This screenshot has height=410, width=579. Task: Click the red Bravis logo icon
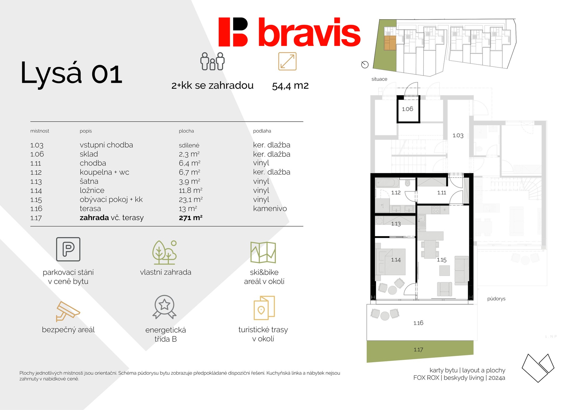click(x=233, y=32)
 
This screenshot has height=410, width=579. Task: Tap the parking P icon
click(x=68, y=249)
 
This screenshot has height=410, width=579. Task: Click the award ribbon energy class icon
click(x=164, y=307)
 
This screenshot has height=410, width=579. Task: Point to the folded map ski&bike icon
click(x=263, y=252)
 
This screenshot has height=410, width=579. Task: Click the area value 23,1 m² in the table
click(x=191, y=200)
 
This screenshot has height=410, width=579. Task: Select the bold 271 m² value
click(x=191, y=218)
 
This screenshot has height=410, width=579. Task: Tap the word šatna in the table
click(x=89, y=181)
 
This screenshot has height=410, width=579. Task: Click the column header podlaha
click(x=262, y=131)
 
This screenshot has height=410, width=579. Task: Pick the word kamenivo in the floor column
click(x=270, y=209)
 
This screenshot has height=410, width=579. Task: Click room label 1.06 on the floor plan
click(x=407, y=109)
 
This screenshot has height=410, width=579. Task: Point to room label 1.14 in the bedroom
click(x=396, y=260)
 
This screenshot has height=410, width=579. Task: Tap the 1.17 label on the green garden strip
click(x=418, y=350)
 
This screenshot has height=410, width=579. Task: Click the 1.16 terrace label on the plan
click(x=418, y=323)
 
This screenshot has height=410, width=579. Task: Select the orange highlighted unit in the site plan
click(x=390, y=43)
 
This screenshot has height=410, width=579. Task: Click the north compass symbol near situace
click(x=365, y=65)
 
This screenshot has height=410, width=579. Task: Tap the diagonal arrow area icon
click(x=287, y=61)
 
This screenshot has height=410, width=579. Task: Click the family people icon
click(x=213, y=61)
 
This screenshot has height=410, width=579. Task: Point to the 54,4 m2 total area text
click(x=290, y=86)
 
